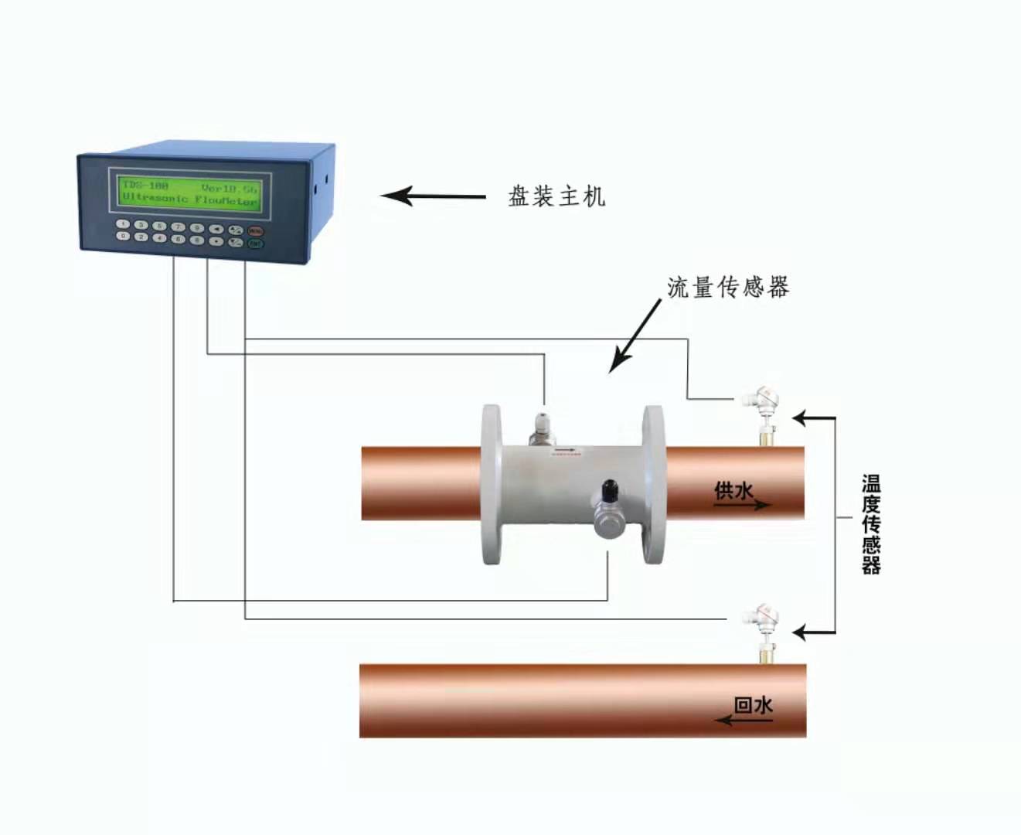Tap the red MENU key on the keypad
(x=255, y=231)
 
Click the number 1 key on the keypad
(x=122, y=224)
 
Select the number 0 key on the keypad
(x=122, y=237)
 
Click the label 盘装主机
(x=556, y=196)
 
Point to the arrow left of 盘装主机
(x=433, y=196)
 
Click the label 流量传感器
(x=728, y=288)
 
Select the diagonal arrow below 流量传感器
(x=635, y=336)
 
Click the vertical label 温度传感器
(x=871, y=524)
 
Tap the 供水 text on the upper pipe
(x=733, y=490)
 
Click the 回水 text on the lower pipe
(x=753, y=705)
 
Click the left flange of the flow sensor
(x=492, y=484)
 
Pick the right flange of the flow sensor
(x=653, y=484)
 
